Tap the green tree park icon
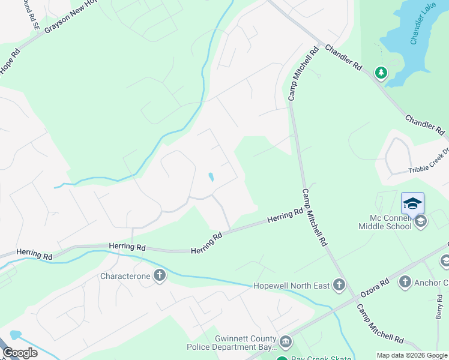click(x=381, y=73)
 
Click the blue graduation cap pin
click(x=412, y=203)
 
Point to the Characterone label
click(x=122, y=276)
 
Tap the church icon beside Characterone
click(x=159, y=276)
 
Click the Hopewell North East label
click(x=291, y=285)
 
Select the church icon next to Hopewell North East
click(x=339, y=285)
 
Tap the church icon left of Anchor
click(x=405, y=282)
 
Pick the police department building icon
click(x=285, y=343)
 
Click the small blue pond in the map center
click(x=210, y=177)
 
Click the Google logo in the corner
click(x=20, y=353)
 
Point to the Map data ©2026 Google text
click(x=411, y=355)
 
